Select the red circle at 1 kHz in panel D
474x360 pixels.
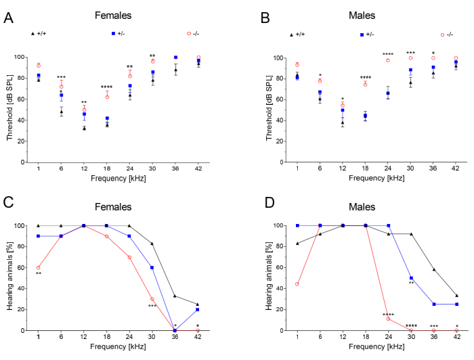tap(296, 284)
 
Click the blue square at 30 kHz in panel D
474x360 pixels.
tap(411, 278)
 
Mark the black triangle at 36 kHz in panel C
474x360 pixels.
tap(175, 296)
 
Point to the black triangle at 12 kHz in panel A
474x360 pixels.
tap(84, 128)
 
